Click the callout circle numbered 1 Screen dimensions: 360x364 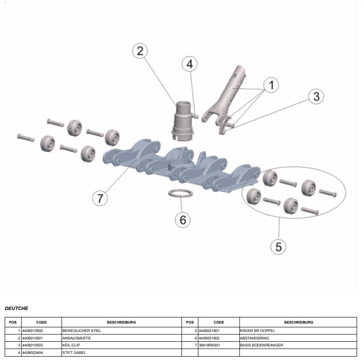point(271,85)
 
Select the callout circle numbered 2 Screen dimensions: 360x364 point(140,51)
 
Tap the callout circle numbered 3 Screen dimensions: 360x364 point(316,96)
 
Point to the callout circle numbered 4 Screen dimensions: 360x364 point(189,64)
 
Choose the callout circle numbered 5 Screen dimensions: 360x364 point(278,246)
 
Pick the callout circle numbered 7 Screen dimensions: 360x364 point(100,198)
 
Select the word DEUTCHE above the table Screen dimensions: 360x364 point(16,308)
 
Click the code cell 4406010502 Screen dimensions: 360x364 point(41,330)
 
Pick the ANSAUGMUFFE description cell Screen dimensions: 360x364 point(121,338)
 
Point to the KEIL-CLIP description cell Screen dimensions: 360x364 point(121,345)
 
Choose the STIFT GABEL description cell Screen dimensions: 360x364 point(121,353)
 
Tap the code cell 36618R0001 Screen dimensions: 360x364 point(219,345)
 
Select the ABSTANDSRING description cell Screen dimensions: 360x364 point(298,338)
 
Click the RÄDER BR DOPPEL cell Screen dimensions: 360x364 point(298,330)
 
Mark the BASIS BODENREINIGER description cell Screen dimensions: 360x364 point(298,345)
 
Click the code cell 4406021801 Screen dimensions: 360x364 point(219,330)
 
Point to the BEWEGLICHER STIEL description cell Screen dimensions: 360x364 point(121,330)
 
